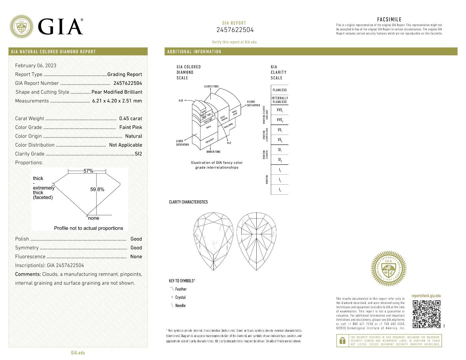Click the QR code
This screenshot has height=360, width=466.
click(427, 314)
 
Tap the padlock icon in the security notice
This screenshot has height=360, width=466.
click(342, 341)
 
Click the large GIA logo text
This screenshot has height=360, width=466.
click(60, 27)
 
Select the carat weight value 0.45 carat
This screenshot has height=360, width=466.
click(130, 118)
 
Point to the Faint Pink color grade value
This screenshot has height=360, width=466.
click(130, 127)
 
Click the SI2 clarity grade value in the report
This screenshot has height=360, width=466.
click(138, 154)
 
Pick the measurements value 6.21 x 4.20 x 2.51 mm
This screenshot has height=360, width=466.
click(117, 101)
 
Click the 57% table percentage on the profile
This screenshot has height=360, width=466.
click(88, 171)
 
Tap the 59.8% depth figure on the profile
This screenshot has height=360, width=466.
click(97, 189)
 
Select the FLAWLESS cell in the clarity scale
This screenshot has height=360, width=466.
click(279, 90)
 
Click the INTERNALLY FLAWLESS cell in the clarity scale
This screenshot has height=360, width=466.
click(279, 100)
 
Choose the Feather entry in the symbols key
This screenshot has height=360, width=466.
click(181, 289)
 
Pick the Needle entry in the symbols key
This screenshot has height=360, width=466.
click(180, 306)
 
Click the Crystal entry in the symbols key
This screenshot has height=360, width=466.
click(180, 297)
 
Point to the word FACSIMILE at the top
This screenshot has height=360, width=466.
click(389, 19)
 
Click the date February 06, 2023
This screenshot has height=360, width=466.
click(36, 65)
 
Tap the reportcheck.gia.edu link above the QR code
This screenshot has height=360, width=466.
click(426, 296)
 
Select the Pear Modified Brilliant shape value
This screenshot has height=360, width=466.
click(117, 92)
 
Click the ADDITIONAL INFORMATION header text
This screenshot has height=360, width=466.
click(194, 52)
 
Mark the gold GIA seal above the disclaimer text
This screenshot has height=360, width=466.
click(388, 269)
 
